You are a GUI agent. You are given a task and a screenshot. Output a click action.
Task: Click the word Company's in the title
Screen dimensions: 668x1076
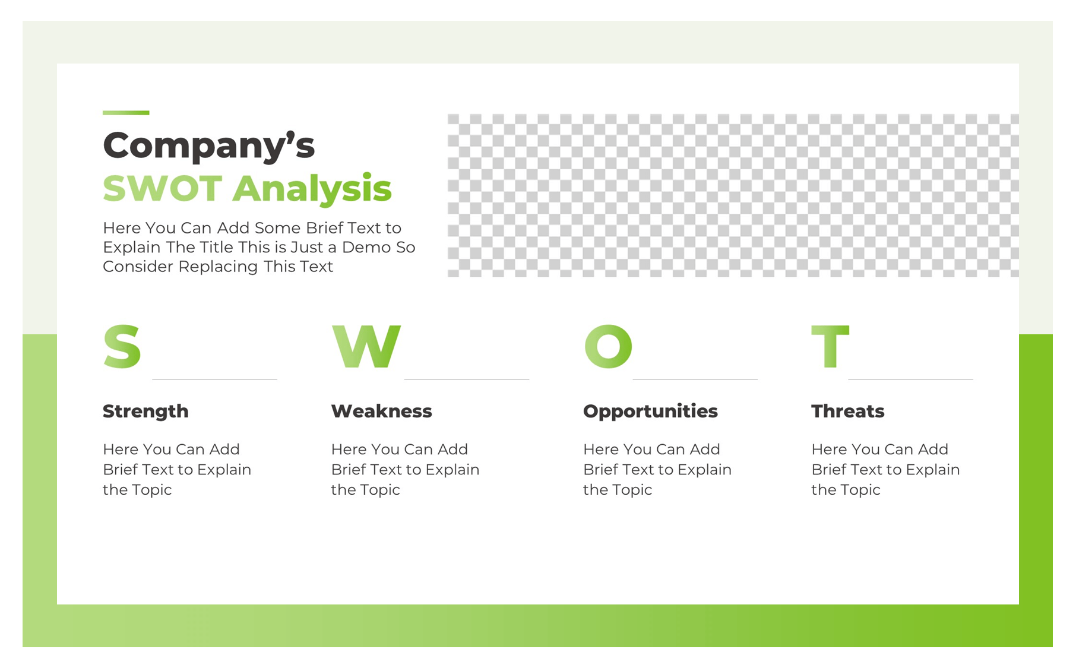[x=208, y=146]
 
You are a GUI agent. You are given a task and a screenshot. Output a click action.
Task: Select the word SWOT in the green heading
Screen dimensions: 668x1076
[x=162, y=189]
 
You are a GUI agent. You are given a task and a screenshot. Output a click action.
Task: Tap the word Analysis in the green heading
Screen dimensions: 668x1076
[x=312, y=189]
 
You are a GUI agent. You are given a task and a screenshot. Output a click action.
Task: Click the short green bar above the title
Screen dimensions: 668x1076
[x=126, y=112]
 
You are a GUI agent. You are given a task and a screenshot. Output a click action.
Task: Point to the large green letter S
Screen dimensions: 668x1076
[x=122, y=347]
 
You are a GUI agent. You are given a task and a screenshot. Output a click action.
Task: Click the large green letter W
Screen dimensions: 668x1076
[x=366, y=347]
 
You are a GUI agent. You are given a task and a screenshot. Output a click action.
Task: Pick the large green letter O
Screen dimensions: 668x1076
[x=608, y=347]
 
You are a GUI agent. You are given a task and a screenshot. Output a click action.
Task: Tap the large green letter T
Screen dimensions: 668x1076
[x=830, y=347]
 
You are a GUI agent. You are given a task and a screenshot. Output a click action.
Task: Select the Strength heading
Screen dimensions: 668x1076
[x=145, y=411]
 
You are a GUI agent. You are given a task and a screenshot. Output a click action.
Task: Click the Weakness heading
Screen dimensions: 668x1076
[x=381, y=411]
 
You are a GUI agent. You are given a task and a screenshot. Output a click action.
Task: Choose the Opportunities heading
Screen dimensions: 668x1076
[x=650, y=411]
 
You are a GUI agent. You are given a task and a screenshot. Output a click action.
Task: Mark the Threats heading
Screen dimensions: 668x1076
[x=847, y=411]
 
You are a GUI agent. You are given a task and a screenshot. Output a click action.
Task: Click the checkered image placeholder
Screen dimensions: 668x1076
[x=733, y=195]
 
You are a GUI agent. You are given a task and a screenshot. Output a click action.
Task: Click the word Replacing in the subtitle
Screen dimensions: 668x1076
[x=219, y=267]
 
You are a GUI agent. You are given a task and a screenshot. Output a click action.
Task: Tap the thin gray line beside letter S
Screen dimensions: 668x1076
[x=214, y=379]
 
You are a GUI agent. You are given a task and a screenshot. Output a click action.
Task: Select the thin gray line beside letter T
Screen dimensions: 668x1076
[x=910, y=379]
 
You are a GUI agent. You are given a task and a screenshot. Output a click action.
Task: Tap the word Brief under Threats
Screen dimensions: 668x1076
[x=828, y=470]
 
